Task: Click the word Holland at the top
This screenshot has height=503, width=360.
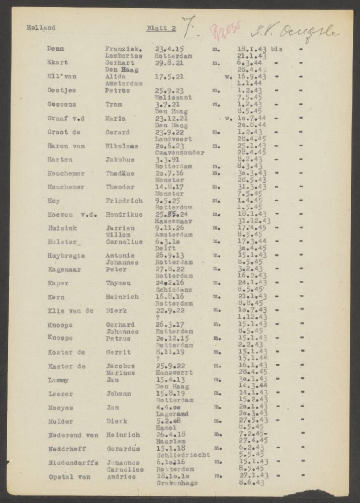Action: coord(41,28)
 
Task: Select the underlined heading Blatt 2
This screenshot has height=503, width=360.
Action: coord(161,28)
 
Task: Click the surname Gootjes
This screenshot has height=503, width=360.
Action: coord(62,91)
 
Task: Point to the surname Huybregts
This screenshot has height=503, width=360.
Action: coord(66,256)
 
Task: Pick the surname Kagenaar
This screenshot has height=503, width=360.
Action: coord(65,269)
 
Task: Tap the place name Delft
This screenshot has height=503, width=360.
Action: coord(166,248)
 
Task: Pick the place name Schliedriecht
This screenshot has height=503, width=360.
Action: coord(183,455)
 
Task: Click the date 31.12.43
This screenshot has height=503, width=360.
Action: coord(254,221)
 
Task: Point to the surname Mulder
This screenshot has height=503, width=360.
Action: coord(60,422)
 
